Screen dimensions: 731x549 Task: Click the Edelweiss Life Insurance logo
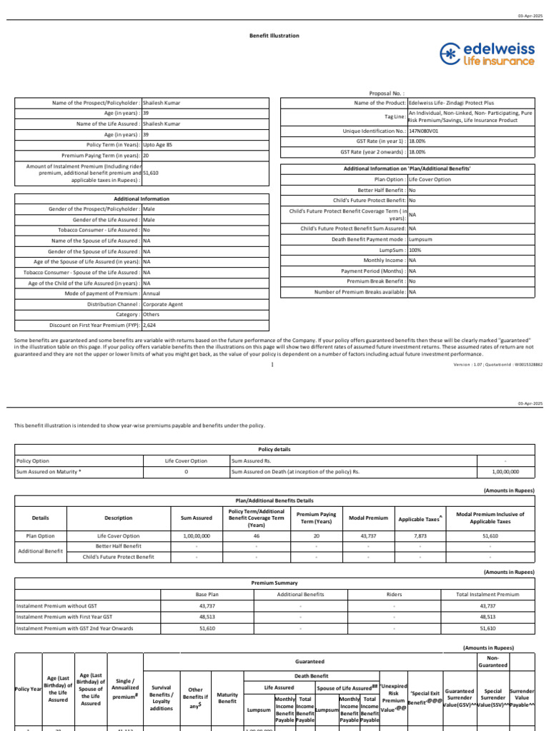click(487, 54)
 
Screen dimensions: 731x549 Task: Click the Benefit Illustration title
click(274, 35)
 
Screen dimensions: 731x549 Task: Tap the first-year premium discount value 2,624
click(150, 325)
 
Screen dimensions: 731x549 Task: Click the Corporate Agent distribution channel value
click(163, 304)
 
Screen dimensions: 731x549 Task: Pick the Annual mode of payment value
click(152, 293)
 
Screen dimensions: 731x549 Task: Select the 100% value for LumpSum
click(415, 251)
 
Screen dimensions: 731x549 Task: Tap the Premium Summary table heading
click(275, 583)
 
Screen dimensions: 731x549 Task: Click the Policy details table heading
click(275, 450)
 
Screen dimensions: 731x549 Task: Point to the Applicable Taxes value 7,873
click(420, 535)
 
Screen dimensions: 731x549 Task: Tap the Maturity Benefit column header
click(227, 697)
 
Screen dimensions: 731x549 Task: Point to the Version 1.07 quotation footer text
click(498, 364)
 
